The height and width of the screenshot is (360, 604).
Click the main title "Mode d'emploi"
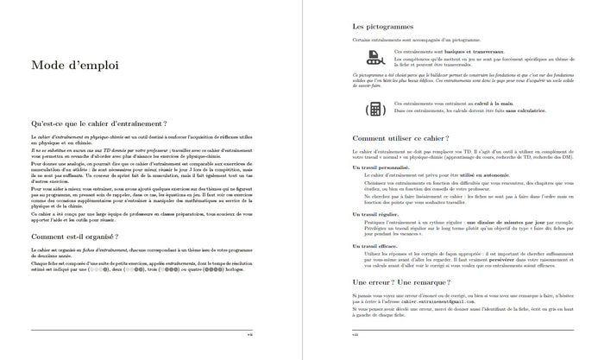[x=75, y=66]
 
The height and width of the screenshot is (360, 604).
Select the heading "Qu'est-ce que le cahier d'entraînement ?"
[x=98, y=124]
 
